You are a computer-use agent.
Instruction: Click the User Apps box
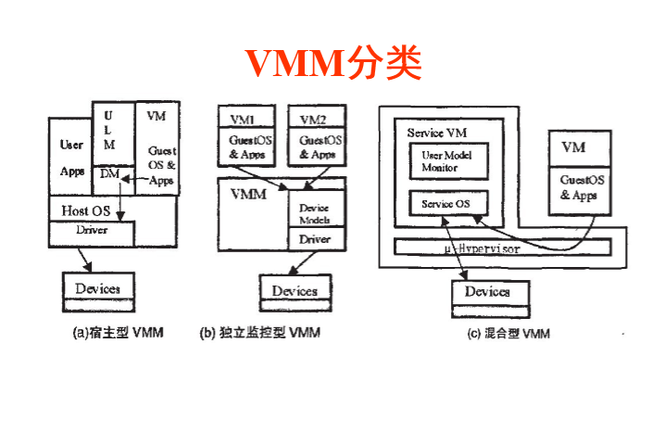[x=70, y=157]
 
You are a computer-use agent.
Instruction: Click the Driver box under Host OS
[x=91, y=230]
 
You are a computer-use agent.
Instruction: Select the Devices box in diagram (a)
[x=97, y=288]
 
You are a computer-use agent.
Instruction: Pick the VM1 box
[x=240, y=119]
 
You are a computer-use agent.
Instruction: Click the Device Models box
[x=314, y=213]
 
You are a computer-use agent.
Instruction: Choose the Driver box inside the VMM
[x=314, y=239]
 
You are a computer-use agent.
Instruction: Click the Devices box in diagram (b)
[x=294, y=291]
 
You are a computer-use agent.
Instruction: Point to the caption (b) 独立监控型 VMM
[x=260, y=333]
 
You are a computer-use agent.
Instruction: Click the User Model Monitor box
[x=446, y=161]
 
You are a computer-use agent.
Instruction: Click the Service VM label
[x=436, y=133]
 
